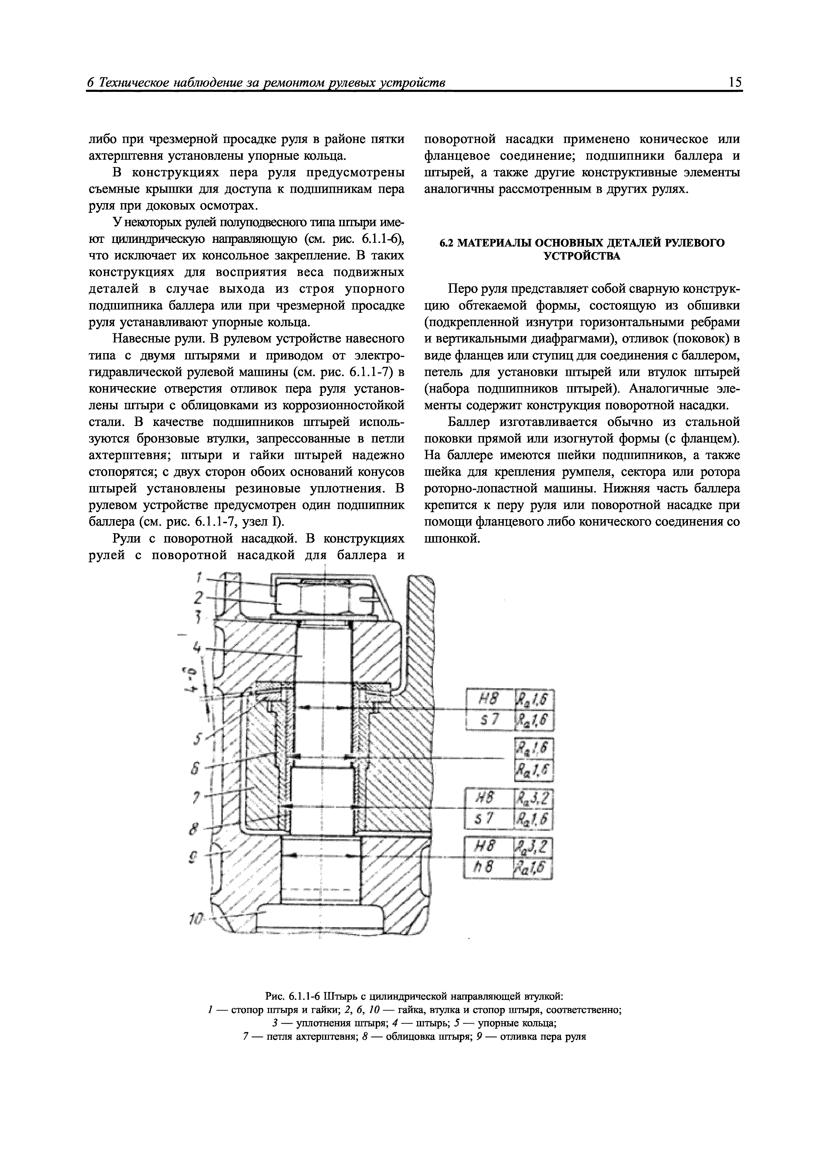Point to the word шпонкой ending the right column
(x=452, y=539)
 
